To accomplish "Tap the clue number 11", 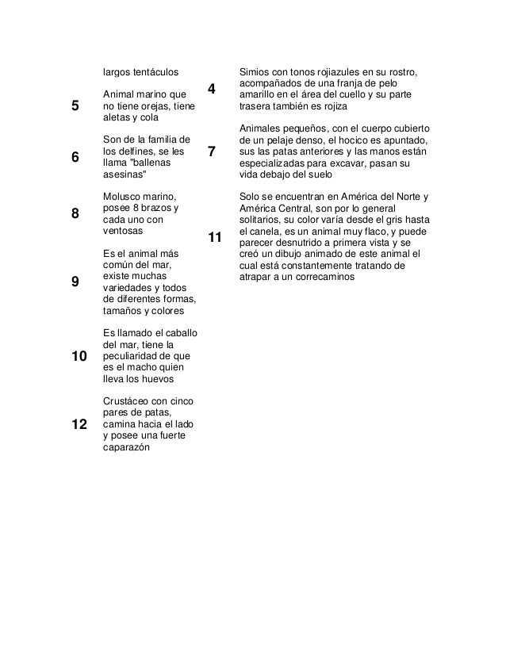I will (x=215, y=237).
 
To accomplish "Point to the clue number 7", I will (x=212, y=151).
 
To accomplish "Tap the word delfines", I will (x=147, y=151).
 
